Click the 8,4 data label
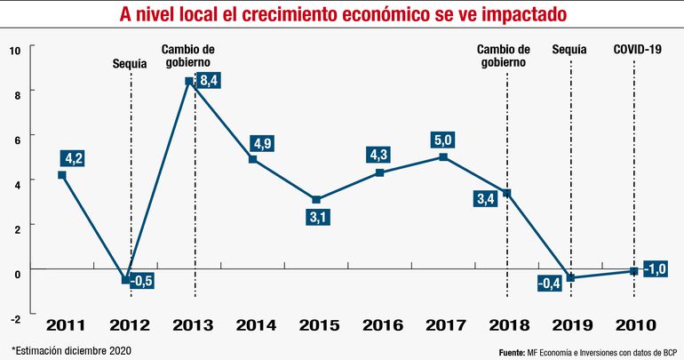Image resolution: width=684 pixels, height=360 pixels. coord(211,81)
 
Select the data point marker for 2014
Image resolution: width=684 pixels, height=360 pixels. coord(253,159)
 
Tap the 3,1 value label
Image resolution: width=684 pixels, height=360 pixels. coord(316,216)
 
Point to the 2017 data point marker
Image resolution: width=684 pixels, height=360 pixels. coord(443,157)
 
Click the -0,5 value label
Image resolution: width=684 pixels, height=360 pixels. coord(142,282)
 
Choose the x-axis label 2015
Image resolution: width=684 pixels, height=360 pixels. coord(316,325)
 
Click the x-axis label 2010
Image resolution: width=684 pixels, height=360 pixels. coord(632,325)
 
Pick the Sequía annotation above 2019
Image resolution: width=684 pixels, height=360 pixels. coord(569,49)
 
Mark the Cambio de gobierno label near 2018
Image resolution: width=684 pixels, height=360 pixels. coord(504,56)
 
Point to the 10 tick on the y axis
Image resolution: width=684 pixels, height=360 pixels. coord(14,50)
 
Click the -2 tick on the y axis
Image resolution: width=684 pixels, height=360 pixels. coord(14,316)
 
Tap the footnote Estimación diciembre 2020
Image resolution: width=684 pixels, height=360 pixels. coord(71,349)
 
